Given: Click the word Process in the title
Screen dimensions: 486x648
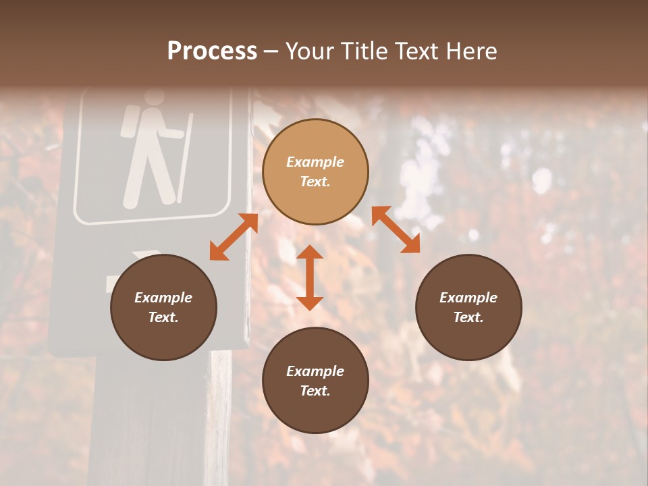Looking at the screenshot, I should pyautogui.click(x=212, y=51).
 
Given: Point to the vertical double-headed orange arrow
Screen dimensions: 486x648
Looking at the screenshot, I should pyautogui.click(x=310, y=277).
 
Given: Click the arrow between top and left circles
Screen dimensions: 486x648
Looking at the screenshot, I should pyautogui.click(x=234, y=237).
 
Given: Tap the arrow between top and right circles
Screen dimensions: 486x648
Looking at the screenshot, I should pyautogui.click(x=396, y=230).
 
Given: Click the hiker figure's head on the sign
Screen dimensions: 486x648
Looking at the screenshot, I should pyautogui.click(x=155, y=99).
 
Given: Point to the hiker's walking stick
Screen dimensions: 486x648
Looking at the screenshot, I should pyautogui.click(x=184, y=158).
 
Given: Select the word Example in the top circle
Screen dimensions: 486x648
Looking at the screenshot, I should pyautogui.click(x=315, y=162).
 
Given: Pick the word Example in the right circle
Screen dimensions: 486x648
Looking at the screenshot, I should pyautogui.click(x=468, y=298).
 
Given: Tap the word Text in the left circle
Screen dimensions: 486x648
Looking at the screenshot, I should pyautogui.click(x=163, y=317).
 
